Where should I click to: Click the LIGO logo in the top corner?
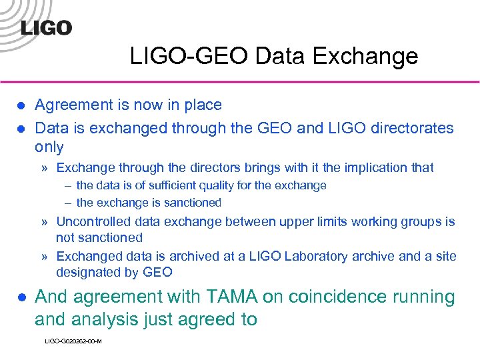coord(46,27)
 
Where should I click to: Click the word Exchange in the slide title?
coord(374,56)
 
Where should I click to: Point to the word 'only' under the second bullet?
coord(49,147)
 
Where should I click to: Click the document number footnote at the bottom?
coord(73,341)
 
